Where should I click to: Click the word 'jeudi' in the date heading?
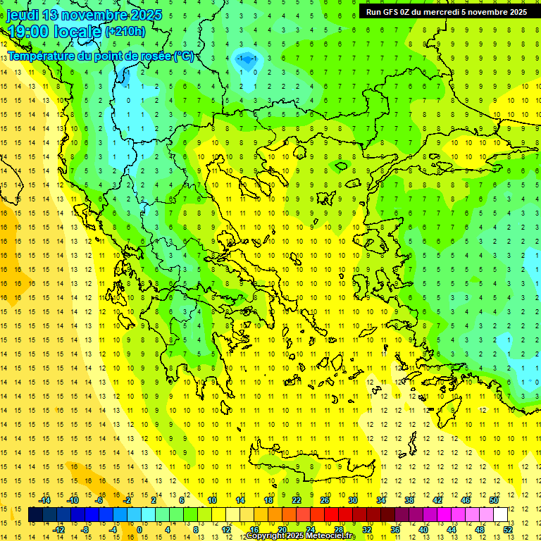coord(23,15)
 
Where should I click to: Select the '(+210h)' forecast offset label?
coord(125,32)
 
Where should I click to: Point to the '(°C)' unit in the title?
coord(184,56)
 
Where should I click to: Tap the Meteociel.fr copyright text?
coord(301,536)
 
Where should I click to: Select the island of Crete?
coord(310,468)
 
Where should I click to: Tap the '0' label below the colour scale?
coord(139,530)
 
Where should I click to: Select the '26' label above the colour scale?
coord(325,500)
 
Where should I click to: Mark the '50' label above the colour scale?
coord(493,500)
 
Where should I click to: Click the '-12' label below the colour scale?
coord(59,530)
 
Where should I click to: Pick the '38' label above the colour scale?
coord(409,500)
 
